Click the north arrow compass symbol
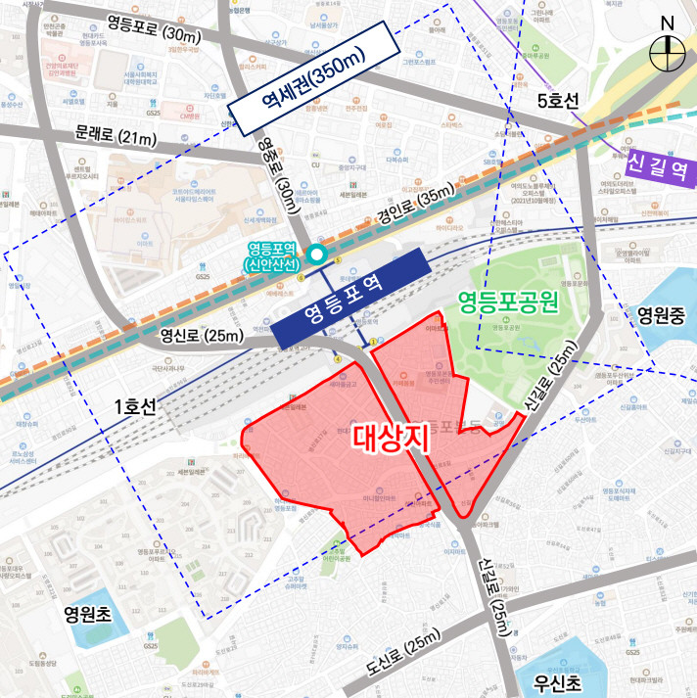pos(668,44)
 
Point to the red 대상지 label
pos(391,437)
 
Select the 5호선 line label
pos(559,101)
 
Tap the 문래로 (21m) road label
pos(115,136)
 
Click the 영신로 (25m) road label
pos(203,337)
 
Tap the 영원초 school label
pos(90,616)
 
